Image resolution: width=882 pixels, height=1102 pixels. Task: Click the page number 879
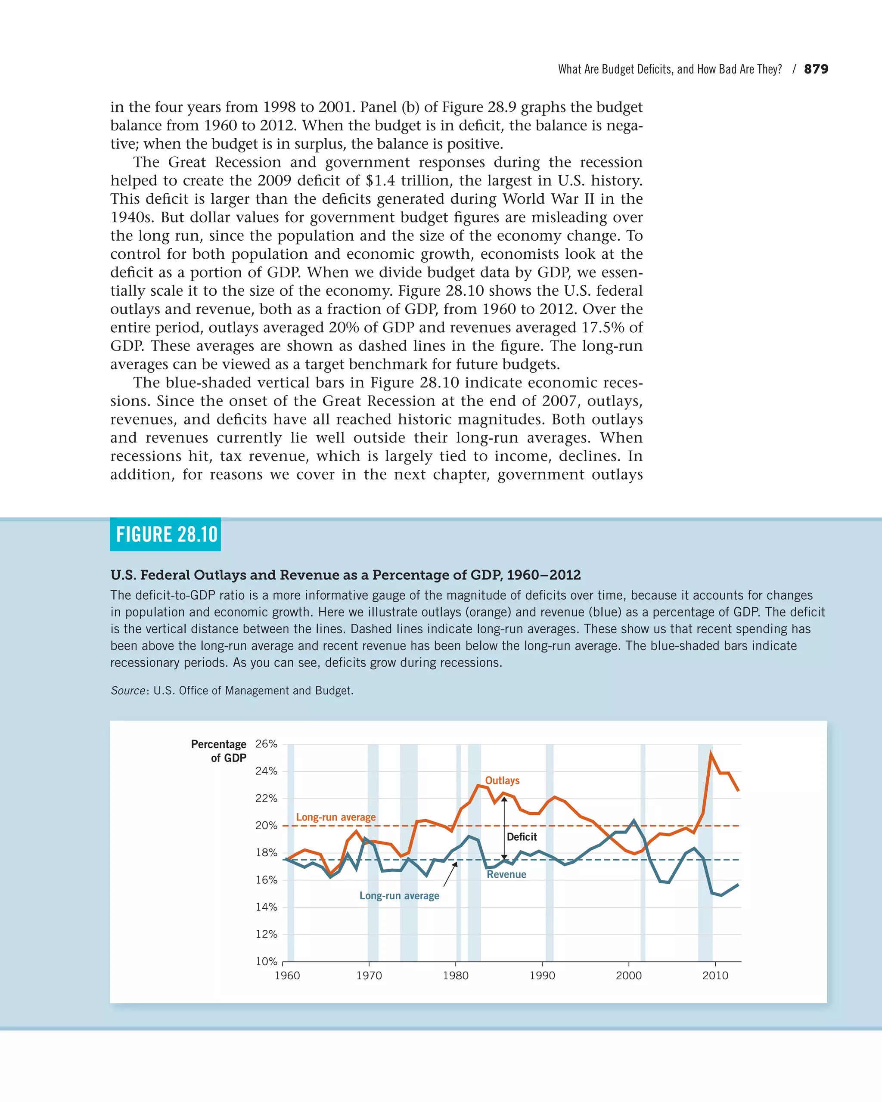(x=816, y=69)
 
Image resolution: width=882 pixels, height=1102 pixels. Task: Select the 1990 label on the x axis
(x=542, y=976)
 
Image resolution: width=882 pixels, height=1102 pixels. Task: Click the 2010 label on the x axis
(x=715, y=976)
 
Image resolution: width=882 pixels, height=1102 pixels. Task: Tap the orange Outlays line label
(x=502, y=780)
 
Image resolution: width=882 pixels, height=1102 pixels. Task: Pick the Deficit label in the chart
(x=522, y=837)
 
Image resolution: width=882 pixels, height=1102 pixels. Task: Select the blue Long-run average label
(x=399, y=896)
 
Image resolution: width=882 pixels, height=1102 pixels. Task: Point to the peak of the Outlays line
(x=711, y=753)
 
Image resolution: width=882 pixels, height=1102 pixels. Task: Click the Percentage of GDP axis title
(x=219, y=751)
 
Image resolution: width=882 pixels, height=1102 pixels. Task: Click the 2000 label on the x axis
(x=628, y=976)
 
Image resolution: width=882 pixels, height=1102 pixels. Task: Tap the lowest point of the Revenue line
(x=721, y=895)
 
